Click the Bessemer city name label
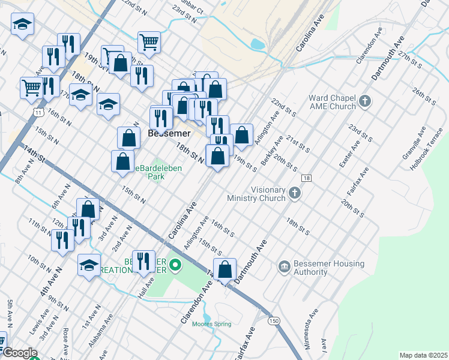[x=169, y=133]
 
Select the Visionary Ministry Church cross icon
[x=294, y=193]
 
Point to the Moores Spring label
[x=211, y=324]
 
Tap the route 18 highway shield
[x=306, y=179]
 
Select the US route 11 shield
[x=38, y=112]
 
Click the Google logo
[x=20, y=353]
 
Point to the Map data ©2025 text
[x=423, y=355]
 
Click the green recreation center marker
[x=175, y=264]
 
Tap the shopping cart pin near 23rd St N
[x=149, y=42]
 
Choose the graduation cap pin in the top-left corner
[x=23, y=25]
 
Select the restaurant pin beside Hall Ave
[x=143, y=262]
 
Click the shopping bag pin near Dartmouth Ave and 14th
[x=224, y=269]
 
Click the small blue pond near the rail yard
[x=258, y=44]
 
